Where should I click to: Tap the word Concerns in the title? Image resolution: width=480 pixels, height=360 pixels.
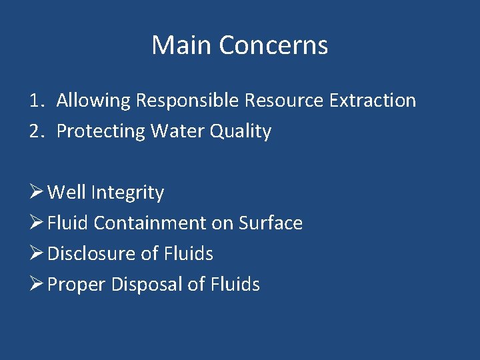point(273,45)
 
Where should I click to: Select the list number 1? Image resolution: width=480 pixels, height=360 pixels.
point(35,101)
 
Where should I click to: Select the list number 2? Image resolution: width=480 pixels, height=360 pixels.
point(35,131)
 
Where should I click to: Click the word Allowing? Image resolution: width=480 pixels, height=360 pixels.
point(93,101)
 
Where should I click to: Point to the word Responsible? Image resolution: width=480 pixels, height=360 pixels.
point(187,101)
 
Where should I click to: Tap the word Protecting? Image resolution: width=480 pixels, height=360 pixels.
point(101,132)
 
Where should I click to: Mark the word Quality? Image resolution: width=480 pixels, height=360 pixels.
point(241,132)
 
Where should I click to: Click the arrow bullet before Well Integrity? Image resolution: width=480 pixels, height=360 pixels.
point(36,193)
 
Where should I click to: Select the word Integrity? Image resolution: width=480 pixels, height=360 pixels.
point(127,193)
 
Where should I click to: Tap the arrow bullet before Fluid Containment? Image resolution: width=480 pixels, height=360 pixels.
point(36,223)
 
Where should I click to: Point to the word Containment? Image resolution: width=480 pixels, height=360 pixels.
point(150,223)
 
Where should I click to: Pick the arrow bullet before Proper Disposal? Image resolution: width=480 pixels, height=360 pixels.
point(36,285)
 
